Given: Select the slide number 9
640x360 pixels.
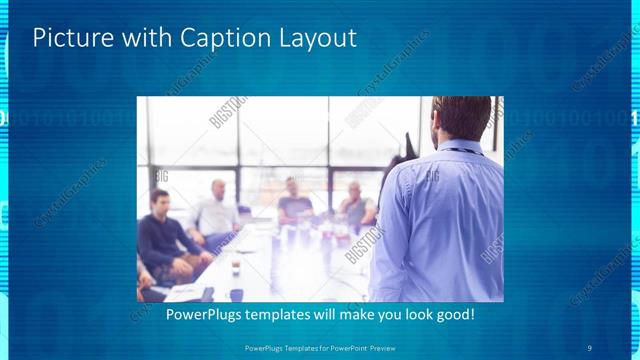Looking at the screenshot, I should [590, 347].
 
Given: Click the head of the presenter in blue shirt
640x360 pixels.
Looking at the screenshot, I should [462, 118].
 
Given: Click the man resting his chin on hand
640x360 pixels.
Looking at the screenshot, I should [354, 205].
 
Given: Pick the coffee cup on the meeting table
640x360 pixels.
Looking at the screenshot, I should [235, 267].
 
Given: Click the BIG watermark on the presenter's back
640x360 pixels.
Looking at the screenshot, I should [432, 178].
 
